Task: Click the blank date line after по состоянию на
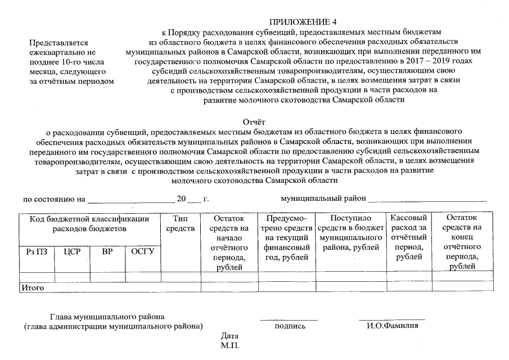coord(130,200)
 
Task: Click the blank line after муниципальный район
coord(427,200)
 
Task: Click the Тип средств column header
coord(181,223)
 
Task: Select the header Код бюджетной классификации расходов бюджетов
coord(89,223)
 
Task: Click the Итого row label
coord(32,287)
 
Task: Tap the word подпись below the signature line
coord(290,326)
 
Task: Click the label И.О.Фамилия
coord(392,326)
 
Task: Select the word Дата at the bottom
coord(230,336)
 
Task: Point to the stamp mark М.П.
coord(230,345)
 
